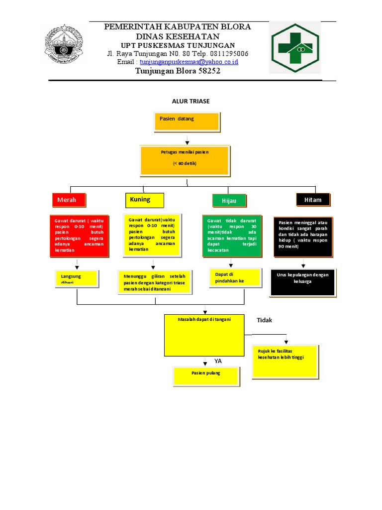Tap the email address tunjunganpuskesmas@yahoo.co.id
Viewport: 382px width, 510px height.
[x=189, y=62]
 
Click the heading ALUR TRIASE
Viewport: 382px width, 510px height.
[x=191, y=101]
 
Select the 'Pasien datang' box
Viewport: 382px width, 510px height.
[x=187, y=121]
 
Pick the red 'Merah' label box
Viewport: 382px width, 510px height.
[x=69, y=200]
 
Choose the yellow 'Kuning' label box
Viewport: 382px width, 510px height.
[x=143, y=200]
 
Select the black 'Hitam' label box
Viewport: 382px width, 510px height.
[x=312, y=200]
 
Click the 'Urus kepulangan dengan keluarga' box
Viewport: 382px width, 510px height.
[x=302, y=282]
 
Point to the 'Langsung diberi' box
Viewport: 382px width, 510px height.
[x=77, y=278]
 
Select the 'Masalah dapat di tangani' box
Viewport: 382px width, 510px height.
[x=204, y=334]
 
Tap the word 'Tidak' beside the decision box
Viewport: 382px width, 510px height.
[x=265, y=320]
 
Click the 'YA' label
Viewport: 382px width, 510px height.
[x=218, y=361]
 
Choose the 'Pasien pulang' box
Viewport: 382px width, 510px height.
[x=206, y=375]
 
